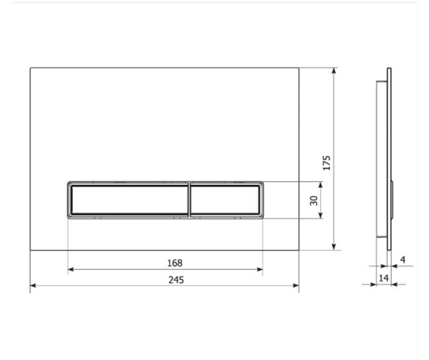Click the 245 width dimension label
(x=176, y=280)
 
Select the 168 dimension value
(x=174, y=263)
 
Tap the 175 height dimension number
(x=327, y=163)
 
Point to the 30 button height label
(x=313, y=200)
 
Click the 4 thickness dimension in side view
(x=403, y=260)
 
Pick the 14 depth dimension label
(x=383, y=278)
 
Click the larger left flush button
(x=129, y=200)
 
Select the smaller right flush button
(x=224, y=200)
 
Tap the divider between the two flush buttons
(x=189, y=200)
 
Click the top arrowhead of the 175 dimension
(x=333, y=71)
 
